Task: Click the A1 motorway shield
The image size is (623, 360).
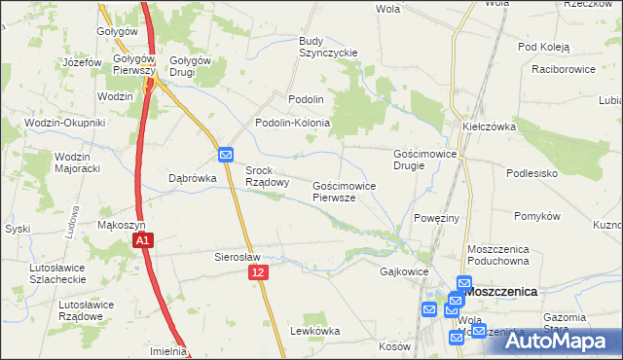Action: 142,239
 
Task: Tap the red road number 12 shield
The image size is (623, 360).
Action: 257,274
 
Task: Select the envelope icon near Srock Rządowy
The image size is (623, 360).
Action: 225,155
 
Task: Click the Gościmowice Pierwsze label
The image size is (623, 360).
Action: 340,191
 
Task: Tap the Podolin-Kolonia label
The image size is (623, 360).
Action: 293,124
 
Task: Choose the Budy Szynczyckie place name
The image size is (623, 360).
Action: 329,47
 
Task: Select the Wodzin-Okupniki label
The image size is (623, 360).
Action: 58,123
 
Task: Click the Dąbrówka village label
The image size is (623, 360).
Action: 191,178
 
